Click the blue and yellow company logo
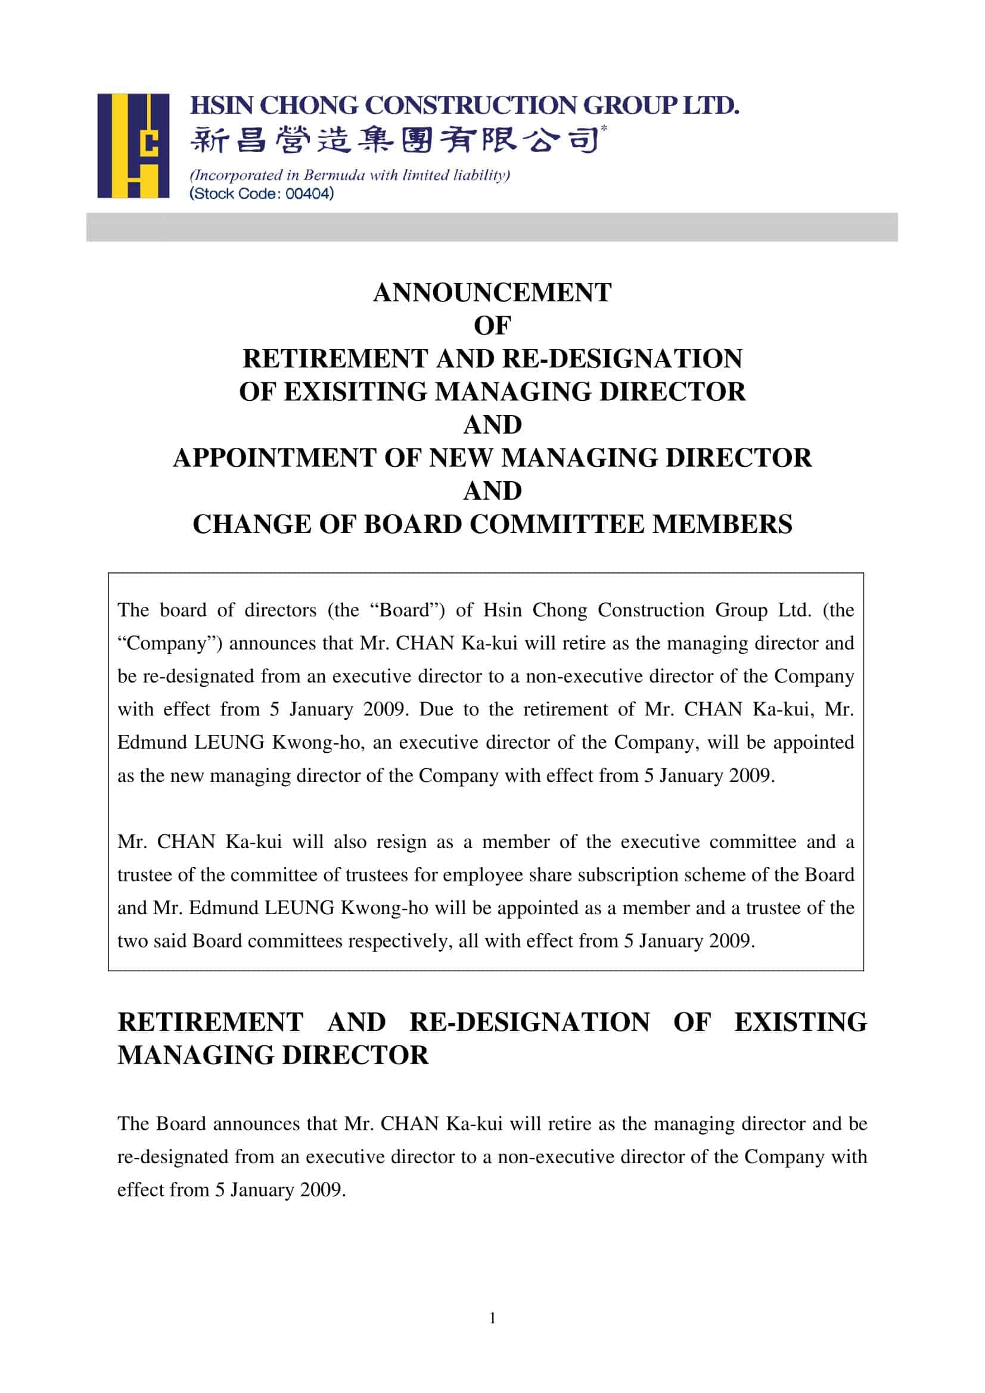pos(133,145)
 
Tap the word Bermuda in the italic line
pos(334,176)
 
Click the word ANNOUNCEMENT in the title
pos(492,293)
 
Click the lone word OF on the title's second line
pos(492,326)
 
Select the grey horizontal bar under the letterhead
pos(492,227)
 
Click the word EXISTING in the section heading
pos(800,1023)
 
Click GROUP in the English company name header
pos(629,105)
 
